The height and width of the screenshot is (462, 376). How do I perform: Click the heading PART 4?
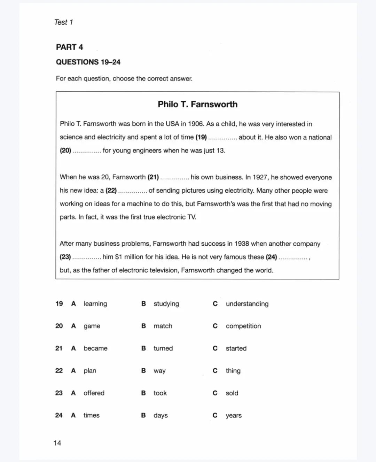tap(69, 47)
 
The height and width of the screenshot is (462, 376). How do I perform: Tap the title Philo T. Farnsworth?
tap(197, 104)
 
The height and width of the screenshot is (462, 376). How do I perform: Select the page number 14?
tap(57, 443)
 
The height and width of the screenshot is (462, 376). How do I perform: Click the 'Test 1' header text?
tap(63, 22)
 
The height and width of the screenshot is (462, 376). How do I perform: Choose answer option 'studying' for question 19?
tap(166, 304)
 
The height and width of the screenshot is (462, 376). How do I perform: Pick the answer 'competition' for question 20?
tap(243, 326)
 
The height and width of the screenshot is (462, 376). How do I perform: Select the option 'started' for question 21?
tap(236, 348)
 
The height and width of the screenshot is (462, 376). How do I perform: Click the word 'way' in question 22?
tap(159, 371)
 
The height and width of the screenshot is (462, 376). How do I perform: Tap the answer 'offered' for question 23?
tap(94, 393)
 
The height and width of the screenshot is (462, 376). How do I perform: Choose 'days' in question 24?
tap(160, 415)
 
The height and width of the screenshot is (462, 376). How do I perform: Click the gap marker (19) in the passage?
tap(201, 137)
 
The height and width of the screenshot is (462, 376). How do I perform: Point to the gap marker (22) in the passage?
tap(111, 191)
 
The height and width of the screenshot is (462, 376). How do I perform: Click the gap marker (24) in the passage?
tap(271, 257)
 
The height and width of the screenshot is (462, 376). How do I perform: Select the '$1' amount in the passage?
tap(118, 257)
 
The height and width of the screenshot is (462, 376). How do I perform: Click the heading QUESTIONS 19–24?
tap(88, 62)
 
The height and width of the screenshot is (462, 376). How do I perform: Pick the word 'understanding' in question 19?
tap(247, 304)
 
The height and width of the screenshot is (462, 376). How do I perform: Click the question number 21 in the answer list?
tap(59, 348)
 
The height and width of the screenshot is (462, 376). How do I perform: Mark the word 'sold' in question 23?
tap(232, 393)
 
